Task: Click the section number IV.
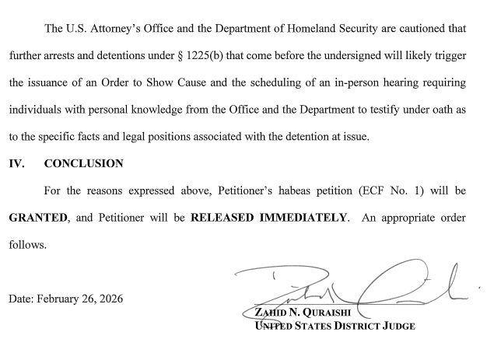coord(16,163)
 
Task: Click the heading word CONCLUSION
coord(84,163)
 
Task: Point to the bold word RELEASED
coord(221,217)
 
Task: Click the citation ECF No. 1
coord(384,190)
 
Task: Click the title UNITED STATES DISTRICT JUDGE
coord(335,326)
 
